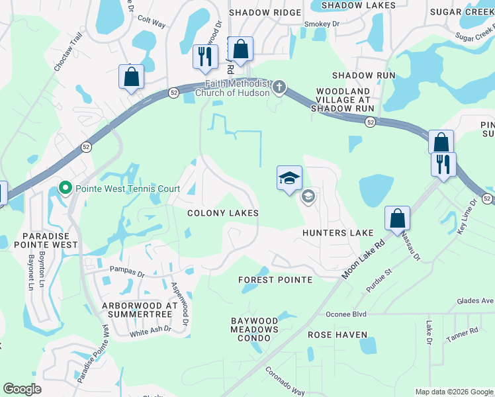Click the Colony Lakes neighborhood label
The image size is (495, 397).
(222, 213)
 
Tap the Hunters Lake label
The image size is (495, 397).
(337, 233)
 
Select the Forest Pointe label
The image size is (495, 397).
(275, 280)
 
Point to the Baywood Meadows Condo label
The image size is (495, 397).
(255, 330)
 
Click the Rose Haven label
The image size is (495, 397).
(337, 335)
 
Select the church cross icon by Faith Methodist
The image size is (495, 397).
(280, 87)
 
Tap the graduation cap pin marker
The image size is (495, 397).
(289, 178)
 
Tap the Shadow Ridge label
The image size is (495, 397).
(260, 13)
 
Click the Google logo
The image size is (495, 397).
(22, 389)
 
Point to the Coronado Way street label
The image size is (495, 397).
(285, 380)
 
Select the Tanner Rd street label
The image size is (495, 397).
(462, 333)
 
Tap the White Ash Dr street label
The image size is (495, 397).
(150, 330)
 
